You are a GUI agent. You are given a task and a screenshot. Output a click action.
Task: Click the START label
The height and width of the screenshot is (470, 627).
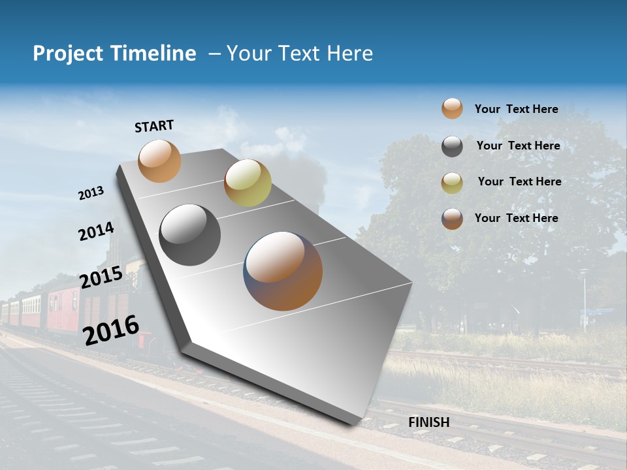154,126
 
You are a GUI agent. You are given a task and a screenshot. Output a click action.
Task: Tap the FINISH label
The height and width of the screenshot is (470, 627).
428,422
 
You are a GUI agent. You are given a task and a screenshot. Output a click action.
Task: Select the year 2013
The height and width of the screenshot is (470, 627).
91,193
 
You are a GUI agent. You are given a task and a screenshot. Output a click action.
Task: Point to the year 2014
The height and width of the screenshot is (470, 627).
97,232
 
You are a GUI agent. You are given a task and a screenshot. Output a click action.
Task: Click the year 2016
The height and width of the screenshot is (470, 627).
111,330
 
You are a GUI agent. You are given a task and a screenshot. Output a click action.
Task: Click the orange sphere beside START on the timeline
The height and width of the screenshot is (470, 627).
159,161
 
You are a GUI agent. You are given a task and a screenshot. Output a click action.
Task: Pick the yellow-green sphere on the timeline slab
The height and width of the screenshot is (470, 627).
248,183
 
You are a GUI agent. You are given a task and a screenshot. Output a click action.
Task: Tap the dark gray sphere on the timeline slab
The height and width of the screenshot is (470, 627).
190,235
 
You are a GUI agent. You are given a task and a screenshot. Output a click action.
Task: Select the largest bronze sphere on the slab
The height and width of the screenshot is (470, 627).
283,271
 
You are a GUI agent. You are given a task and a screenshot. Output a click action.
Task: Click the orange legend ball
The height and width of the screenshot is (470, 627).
452,108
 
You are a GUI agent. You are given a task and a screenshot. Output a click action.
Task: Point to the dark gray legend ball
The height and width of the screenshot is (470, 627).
452,146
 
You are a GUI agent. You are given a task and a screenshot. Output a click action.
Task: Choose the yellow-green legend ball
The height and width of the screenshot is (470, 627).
452,183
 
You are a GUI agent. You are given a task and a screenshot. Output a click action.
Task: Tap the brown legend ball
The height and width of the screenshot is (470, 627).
452,219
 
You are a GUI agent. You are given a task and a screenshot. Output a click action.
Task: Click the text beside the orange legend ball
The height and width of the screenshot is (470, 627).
516,109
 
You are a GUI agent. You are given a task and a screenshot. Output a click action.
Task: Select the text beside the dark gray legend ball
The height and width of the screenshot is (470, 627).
518,146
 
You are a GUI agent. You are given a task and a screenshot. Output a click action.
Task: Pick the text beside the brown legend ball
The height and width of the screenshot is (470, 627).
516,218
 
